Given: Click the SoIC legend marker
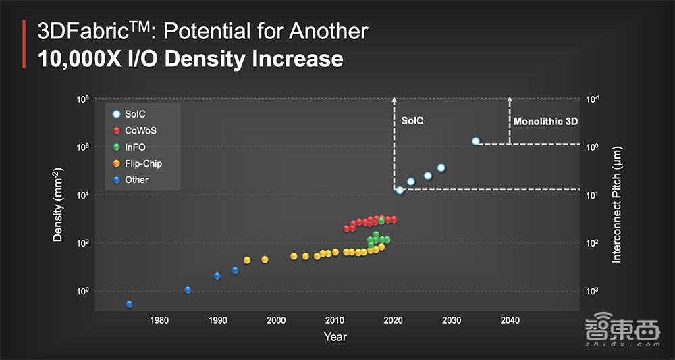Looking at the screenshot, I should tap(117, 114).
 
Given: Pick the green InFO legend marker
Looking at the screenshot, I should tap(117, 147).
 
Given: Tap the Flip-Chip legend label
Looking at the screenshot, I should tap(143, 163).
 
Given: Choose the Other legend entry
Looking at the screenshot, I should tap(136, 180).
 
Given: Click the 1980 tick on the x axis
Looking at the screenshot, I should tap(159, 320).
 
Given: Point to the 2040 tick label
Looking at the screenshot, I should tap(510, 320).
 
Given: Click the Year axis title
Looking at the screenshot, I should tap(335, 336).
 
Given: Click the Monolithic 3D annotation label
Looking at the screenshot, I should tap(545, 122).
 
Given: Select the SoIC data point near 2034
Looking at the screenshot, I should tap(476, 141).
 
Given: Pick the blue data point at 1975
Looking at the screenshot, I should tap(129, 305).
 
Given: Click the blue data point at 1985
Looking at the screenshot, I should tap(188, 290).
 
